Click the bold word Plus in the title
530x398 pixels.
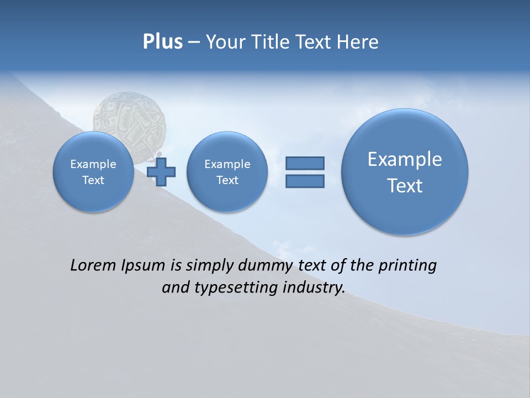tap(162, 42)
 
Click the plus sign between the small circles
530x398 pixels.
tap(162, 171)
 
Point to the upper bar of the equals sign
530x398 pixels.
tap(305, 163)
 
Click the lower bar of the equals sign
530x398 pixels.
tap(305, 181)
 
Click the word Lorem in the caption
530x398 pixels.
tap(90, 265)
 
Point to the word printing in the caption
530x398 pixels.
tap(407, 266)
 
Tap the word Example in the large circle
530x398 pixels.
tap(405, 159)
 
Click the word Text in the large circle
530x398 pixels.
tap(405, 186)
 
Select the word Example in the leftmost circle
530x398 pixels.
tap(93, 164)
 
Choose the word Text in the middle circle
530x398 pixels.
tap(227, 180)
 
